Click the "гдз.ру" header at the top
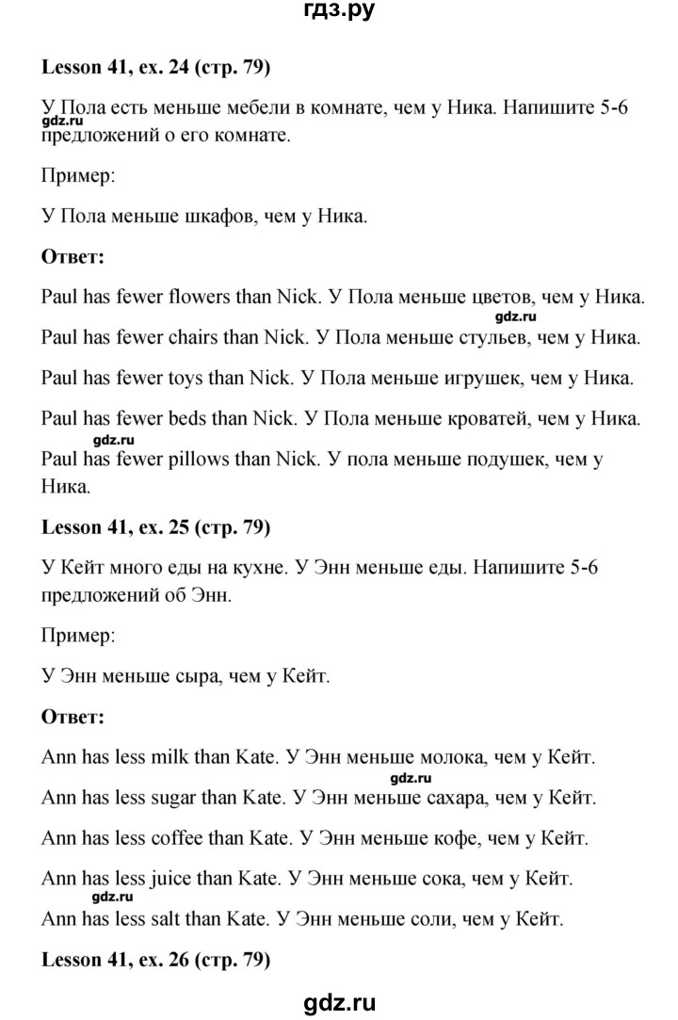pyautogui.click(x=339, y=13)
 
